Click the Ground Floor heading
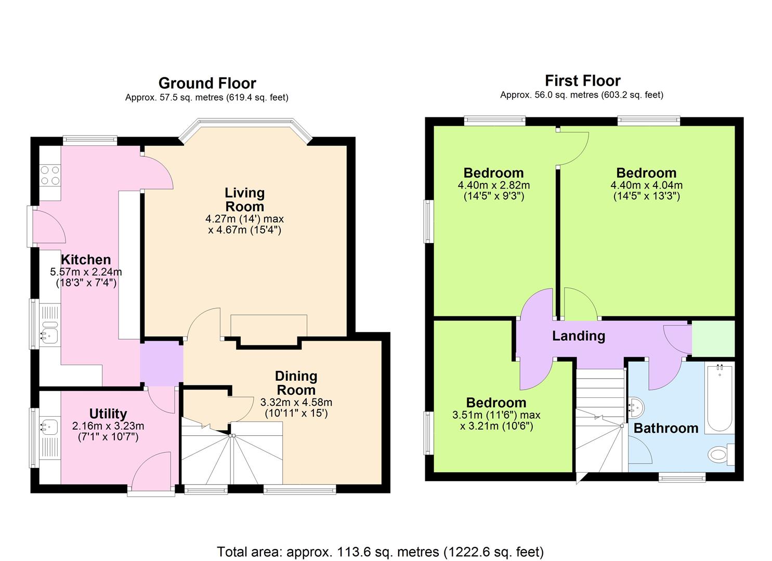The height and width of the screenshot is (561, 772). tap(207, 83)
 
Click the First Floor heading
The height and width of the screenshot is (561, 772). tap(582, 81)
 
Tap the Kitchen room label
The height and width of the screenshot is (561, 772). tap(86, 260)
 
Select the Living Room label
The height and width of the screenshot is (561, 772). tap(244, 199)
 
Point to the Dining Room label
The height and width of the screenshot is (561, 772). tap(296, 383)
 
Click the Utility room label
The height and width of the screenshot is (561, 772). tap(108, 413)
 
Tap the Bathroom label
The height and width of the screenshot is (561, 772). tap(666, 428)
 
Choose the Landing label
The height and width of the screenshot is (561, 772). tap(578, 336)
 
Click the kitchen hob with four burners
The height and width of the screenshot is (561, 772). tap(50, 175)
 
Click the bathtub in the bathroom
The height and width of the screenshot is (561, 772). tap(719, 398)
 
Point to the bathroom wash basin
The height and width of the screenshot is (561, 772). tap(636, 407)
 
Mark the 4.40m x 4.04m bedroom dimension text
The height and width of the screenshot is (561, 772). tap(646, 185)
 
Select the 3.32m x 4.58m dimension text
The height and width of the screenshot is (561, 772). tap(296, 402)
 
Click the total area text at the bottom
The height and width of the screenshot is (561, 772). tap(380, 551)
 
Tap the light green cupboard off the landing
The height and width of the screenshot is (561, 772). tap(713, 338)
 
